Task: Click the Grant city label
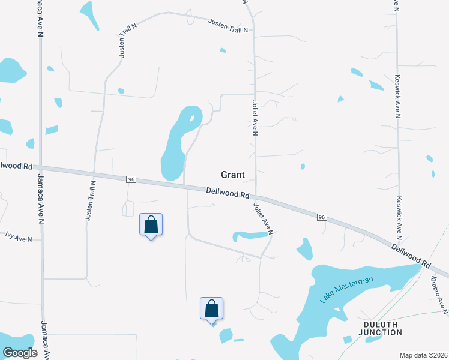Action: click(x=233, y=175)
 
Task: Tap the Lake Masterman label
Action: click(x=347, y=290)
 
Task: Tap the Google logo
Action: click(x=20, y=352)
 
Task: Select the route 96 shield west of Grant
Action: click(x=130, y=179)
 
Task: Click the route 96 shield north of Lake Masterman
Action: click(x=322, y=217)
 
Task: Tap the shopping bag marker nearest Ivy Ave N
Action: click(x=151, y=226)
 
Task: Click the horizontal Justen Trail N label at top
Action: click(x=228, y=25)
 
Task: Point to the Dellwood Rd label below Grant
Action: click(x=228, y=193)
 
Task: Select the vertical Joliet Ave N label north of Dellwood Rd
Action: click(x=255, y=118)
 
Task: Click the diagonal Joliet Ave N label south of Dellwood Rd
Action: click(x=264, y=219)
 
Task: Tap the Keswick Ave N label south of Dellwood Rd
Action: click(x=398, y=216)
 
